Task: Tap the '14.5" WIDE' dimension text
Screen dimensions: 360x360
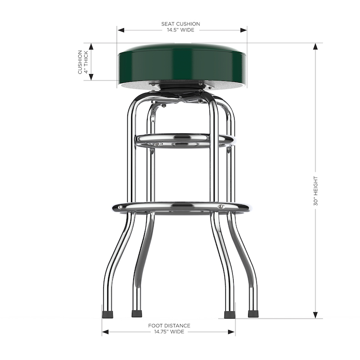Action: click(180, 30)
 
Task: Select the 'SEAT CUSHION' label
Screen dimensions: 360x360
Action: click(180, 24)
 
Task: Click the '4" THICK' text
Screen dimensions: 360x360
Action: click(86, 62)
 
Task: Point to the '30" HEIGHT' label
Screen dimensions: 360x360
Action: click(315, 191)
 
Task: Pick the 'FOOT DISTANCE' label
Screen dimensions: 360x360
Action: click(169, 325)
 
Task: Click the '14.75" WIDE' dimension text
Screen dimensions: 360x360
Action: click(169, 332)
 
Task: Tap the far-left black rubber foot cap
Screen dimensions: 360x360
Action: click(107, 314)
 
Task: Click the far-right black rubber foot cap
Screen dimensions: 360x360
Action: click(253, 314)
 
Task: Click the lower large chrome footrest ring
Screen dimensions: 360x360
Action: click(181, 207)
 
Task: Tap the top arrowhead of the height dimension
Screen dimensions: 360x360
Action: click(315, 46)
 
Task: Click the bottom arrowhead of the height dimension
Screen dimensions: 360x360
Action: click(315, 315)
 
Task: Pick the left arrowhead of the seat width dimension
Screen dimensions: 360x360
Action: click(120, 30)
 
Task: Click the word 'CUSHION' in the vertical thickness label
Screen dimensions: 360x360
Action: click(80, 62)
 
